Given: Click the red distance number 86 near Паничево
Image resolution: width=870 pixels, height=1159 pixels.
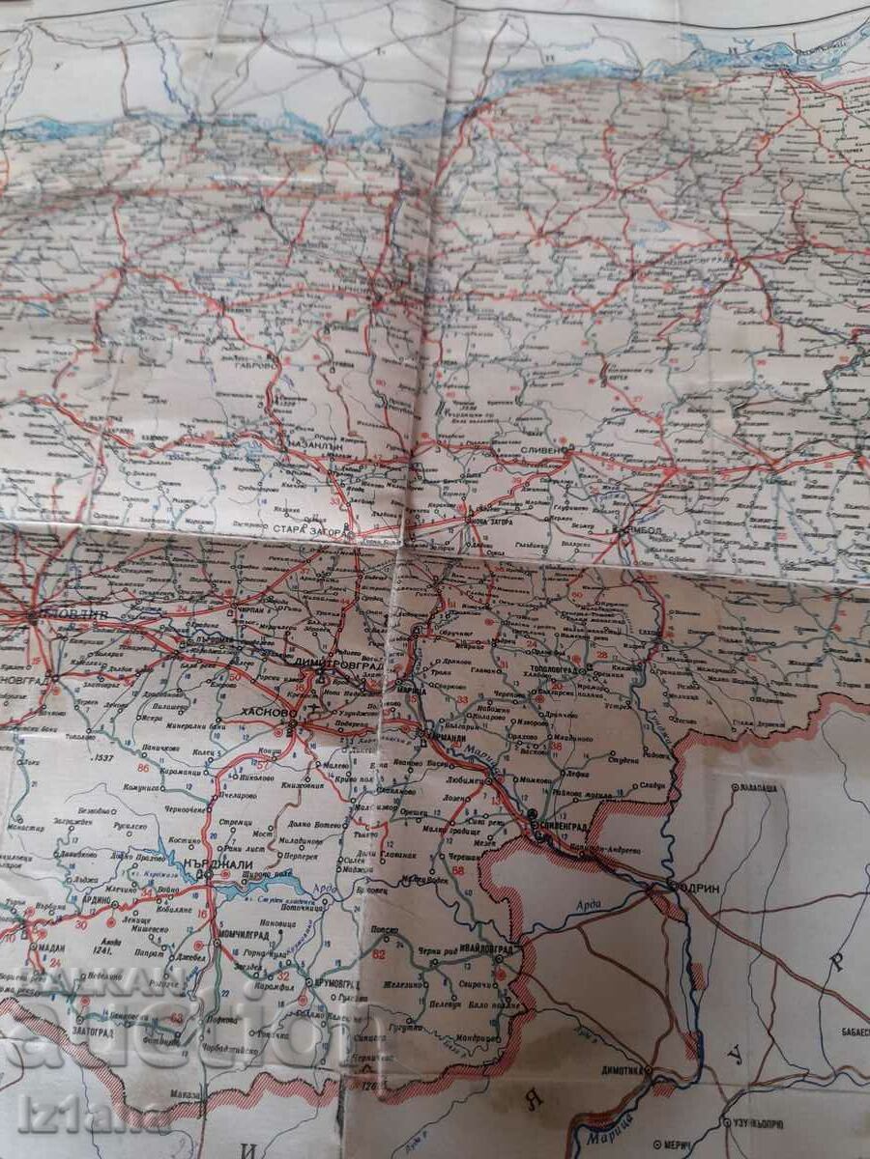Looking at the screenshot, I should click(144, 768).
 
